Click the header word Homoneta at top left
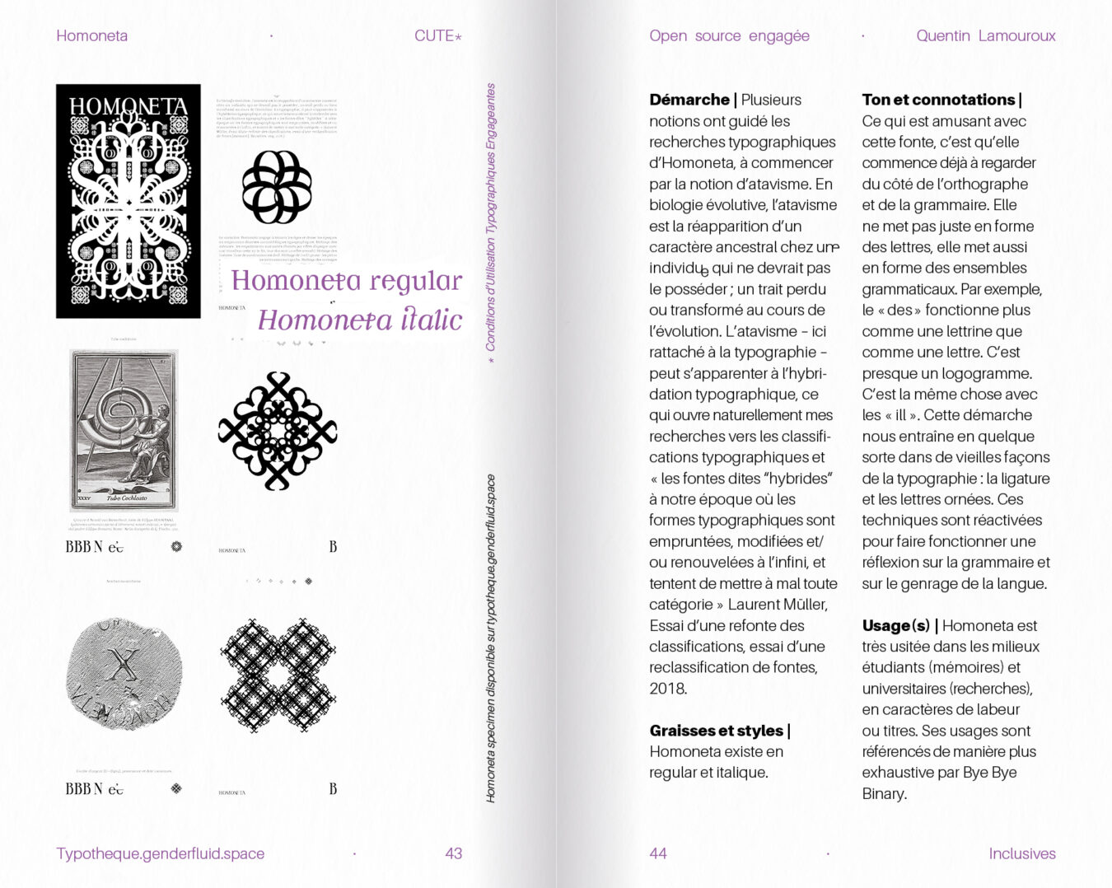(x=91, y=36)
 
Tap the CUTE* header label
(x=437, y=36)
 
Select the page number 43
(x=453, y=853)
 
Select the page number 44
(x=657, y=853)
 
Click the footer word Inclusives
(x=1021, y=853)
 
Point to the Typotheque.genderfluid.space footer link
(x=161, y=853)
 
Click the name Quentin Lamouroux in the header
(x=985, y=36)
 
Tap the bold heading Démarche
(x=689, y=100)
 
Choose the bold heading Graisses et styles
(x=716, y=731)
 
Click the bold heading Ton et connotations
(x=938, y=100)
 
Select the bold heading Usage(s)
(x=895, y=626)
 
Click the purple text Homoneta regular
(x=346, y=281)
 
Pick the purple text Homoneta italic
(x=360, y=320)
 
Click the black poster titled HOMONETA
(x=128, y=201)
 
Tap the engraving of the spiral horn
(x=124, y=429)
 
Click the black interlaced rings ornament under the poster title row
(x=277, y=187)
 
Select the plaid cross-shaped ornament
(x=278, y=675)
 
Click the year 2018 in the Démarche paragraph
(x=667, y=689)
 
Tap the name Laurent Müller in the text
(x=777, y=605)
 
